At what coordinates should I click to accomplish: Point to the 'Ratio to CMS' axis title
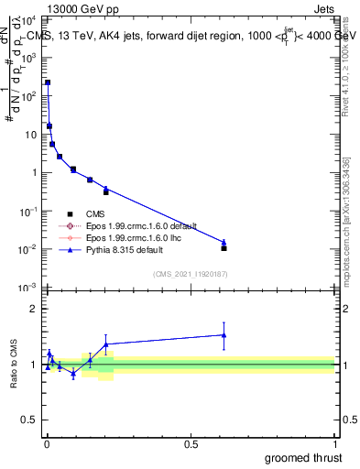tap(15, 380)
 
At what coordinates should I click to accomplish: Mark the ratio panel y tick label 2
tap(35, 309)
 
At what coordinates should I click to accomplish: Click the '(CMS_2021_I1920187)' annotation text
tap(190, 273)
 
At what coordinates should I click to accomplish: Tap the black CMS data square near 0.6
tap(224, 248)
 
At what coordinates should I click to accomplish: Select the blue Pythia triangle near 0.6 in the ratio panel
tap(224, 335)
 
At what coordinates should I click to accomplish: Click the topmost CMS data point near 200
tap(48, 82)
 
